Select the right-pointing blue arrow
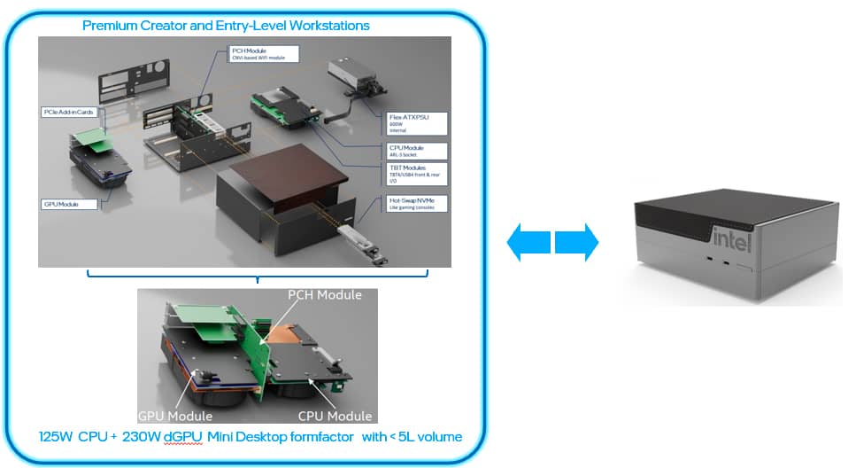coord(577,241)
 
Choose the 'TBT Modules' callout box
coord(417,173)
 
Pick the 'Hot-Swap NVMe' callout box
coord(417,203)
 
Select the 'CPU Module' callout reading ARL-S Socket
coord(417,152)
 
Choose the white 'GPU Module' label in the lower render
coord(175,416)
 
